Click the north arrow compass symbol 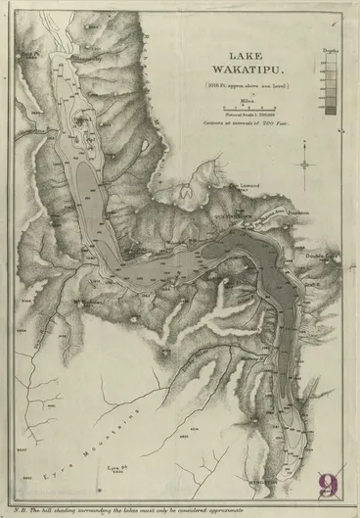point(306,163)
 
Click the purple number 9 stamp point(328,484)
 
